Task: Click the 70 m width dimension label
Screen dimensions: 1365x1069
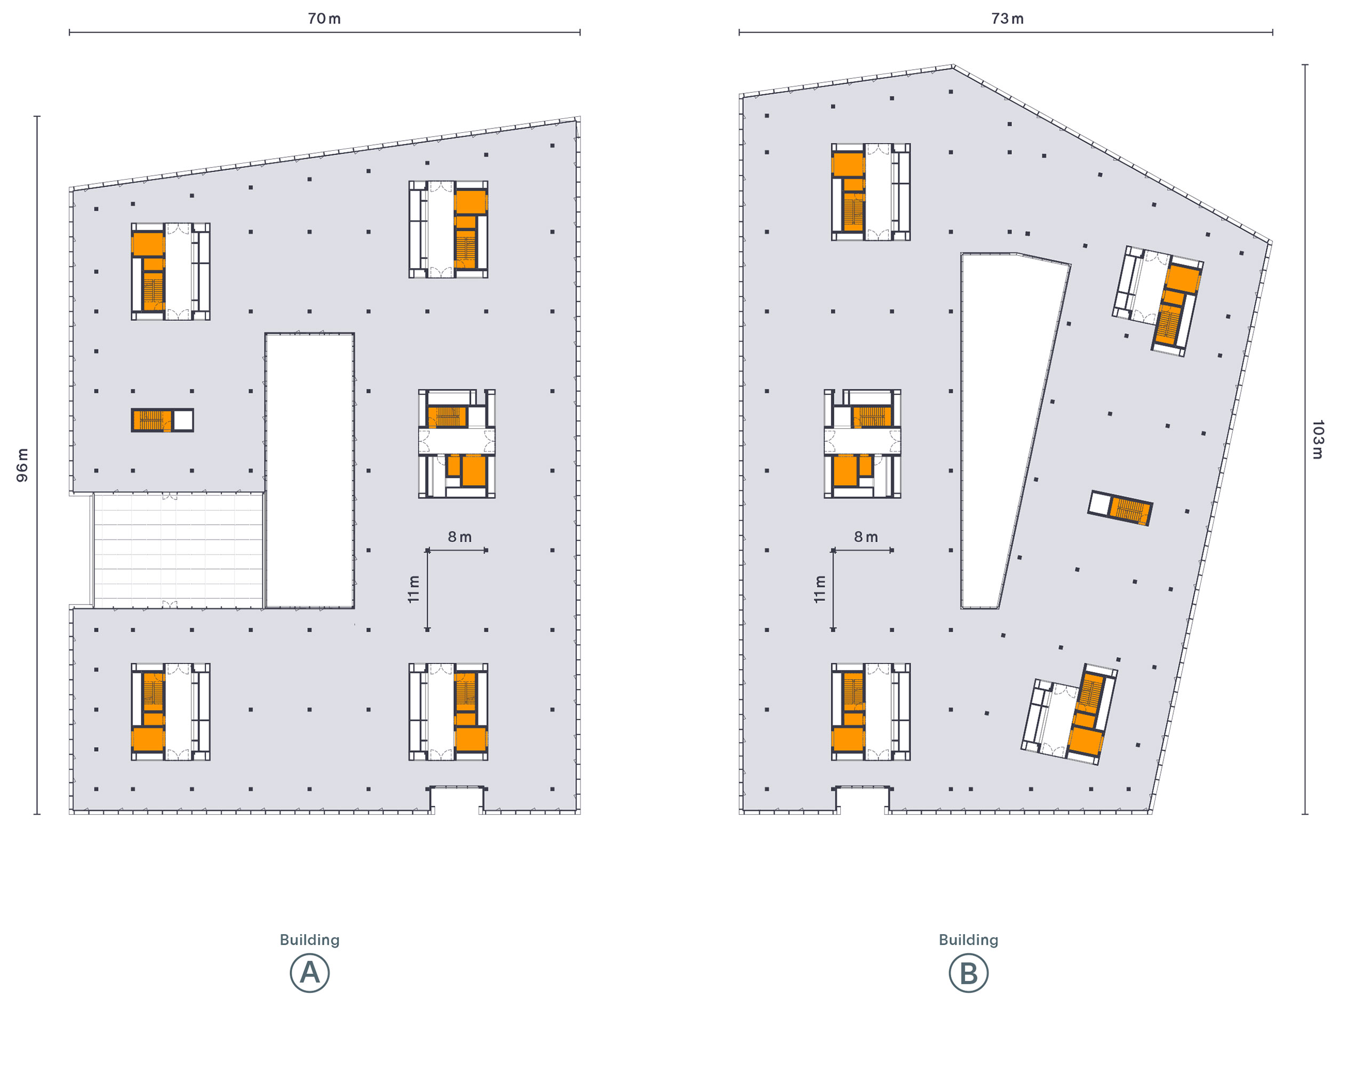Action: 324,19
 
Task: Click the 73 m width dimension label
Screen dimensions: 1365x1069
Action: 1008,19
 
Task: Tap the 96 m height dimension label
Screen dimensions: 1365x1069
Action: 22,465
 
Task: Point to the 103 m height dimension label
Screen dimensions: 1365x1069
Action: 1318,439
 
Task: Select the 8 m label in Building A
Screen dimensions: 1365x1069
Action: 460,537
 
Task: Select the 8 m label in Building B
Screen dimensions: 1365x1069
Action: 866,537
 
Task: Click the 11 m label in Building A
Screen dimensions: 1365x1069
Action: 414,589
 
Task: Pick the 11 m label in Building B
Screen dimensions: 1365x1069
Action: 820,589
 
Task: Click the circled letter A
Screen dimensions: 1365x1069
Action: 310,973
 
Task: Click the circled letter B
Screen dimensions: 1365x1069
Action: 969,973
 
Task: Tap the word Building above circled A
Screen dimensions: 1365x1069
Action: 310,940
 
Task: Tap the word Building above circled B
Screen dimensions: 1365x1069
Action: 969,940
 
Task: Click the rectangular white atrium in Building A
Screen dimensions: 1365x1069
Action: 310,471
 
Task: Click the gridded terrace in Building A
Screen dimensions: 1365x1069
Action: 179,550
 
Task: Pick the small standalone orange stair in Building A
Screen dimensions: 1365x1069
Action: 163,420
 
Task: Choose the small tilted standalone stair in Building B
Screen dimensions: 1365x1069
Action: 1120,508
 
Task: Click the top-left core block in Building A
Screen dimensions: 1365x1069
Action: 171,271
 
